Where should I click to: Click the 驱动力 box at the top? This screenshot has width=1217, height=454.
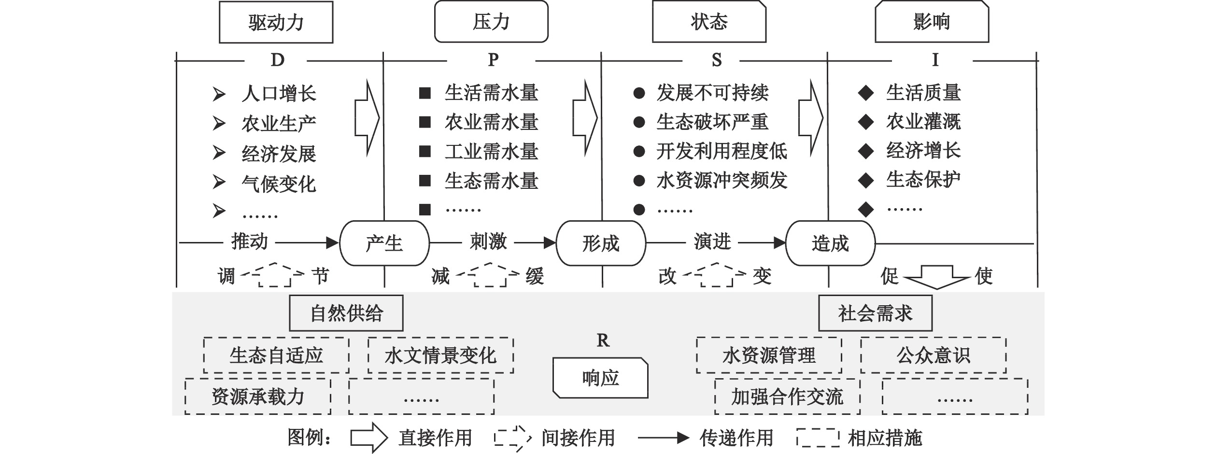(x=276, y=22)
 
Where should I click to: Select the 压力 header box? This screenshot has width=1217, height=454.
(x=491, y=22)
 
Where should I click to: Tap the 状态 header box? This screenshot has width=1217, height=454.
(x=709, y=22)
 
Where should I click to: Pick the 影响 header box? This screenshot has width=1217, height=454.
(x=932, y=22)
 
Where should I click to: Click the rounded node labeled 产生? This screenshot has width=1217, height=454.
(x=384, y=243)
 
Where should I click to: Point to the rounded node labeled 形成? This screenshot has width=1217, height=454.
(x=601, y=243)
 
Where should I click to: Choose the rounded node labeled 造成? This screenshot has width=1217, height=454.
(x=830, y=243)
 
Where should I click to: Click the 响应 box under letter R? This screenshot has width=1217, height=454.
(x=600, y=378)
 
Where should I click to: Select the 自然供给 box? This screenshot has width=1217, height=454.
(x=346, y=313)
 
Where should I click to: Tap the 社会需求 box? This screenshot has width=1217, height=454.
(x=875, y=313)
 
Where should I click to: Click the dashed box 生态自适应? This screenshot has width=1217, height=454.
(x=276, y=355)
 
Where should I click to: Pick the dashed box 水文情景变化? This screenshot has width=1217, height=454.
(x=440, y=355)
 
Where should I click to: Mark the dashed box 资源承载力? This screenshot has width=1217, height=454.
(x=258, y=397)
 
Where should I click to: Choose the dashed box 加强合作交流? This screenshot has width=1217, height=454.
(x=787, y=397)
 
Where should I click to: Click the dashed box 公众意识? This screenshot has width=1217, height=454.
(x=933, y=355)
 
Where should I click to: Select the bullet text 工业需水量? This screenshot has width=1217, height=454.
(x=491, y=152)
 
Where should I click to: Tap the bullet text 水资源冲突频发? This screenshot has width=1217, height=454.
(x=722, y=181)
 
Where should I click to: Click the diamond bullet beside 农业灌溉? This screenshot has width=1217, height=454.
(x=865, y=122)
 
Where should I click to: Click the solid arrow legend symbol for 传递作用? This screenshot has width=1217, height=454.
(x=663, y=438)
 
